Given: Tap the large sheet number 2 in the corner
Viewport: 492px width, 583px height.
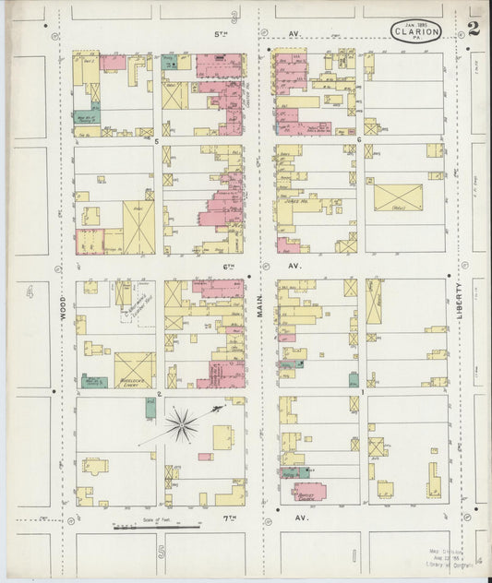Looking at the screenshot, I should [x=474, y=28].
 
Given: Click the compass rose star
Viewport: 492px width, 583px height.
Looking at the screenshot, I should [x=181, y=425].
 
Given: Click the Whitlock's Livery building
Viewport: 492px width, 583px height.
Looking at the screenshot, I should [x=135, y=370].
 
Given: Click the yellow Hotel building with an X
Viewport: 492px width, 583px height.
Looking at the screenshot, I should [x=398, y=196].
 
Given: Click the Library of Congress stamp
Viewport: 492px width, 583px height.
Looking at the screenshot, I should [x=450, y=562].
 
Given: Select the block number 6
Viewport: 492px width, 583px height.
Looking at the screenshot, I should [x=357, y=141].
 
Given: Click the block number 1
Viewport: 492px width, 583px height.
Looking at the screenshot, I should [x=362, y=393].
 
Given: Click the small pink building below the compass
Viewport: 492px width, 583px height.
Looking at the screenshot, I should [x=205, y=457].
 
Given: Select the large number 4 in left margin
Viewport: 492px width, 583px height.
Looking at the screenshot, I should [x=30, y=292].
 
